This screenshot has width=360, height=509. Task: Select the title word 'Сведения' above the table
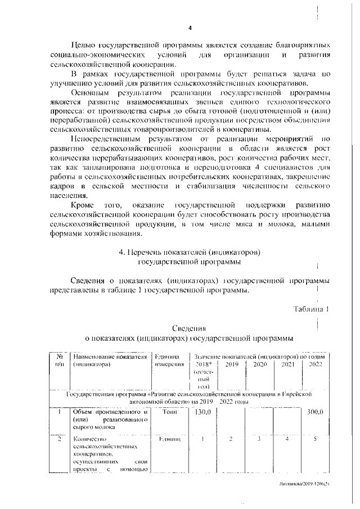tap(189, 328)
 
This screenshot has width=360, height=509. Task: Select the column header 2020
tap(259, 364)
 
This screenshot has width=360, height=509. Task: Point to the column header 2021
tap(287, 364)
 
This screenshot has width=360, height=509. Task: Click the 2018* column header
tap(201, 364)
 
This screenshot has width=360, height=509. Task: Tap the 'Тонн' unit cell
tap(169, 413)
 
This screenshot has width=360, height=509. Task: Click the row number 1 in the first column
tap(59, 413)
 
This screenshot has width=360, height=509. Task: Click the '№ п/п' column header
tap(59, 360)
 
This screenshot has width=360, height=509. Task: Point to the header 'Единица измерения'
tap(169, 360)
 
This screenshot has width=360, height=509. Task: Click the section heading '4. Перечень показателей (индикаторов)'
tap(189, 252)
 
